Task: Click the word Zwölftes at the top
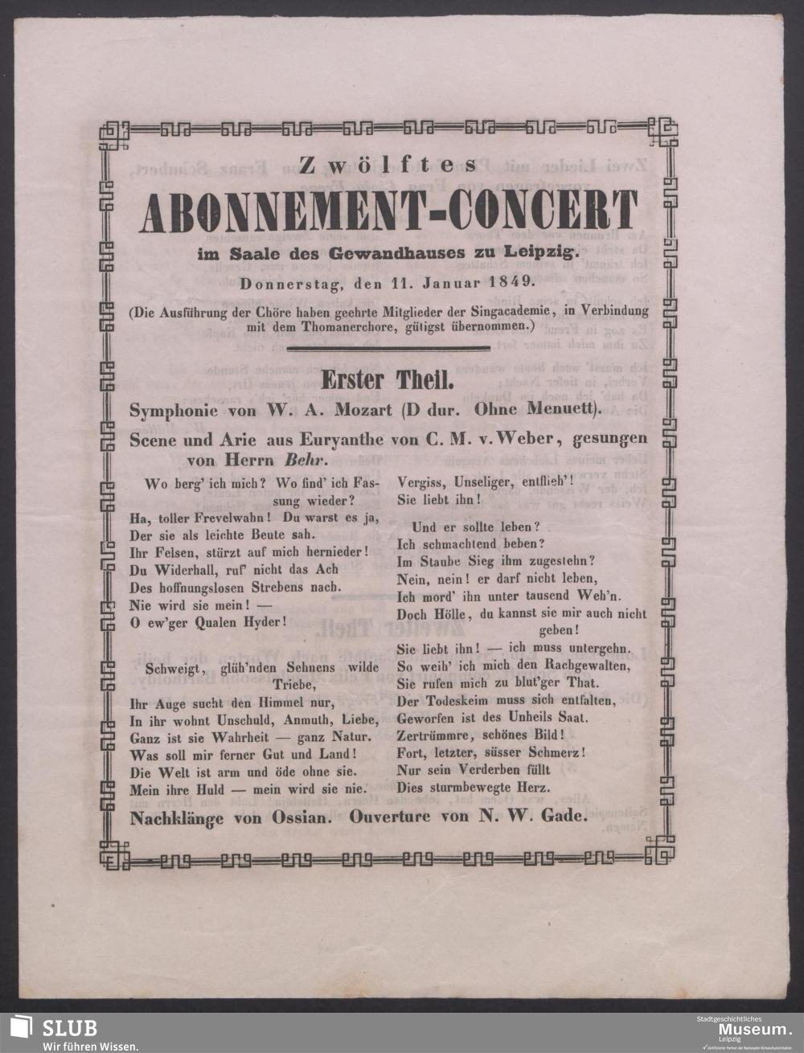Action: tap(387, 166)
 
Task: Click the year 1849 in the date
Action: tap(503, 281)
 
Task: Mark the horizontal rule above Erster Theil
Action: tap(388, 348)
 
